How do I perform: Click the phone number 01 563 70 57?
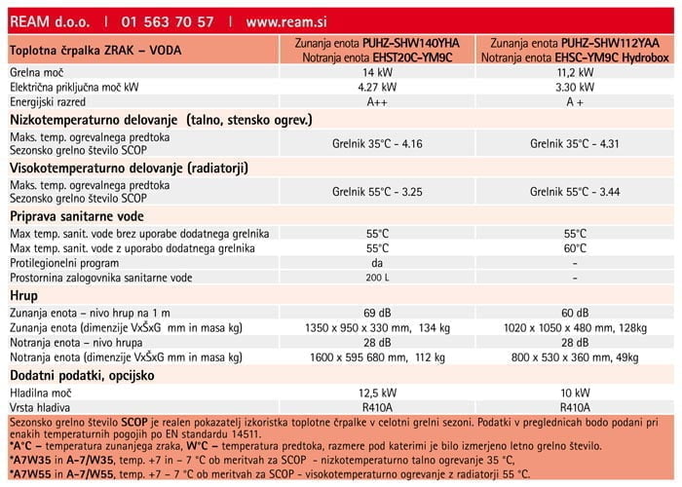click(168, 20)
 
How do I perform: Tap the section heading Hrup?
click(23, 294)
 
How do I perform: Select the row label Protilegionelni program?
click(64, 263)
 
